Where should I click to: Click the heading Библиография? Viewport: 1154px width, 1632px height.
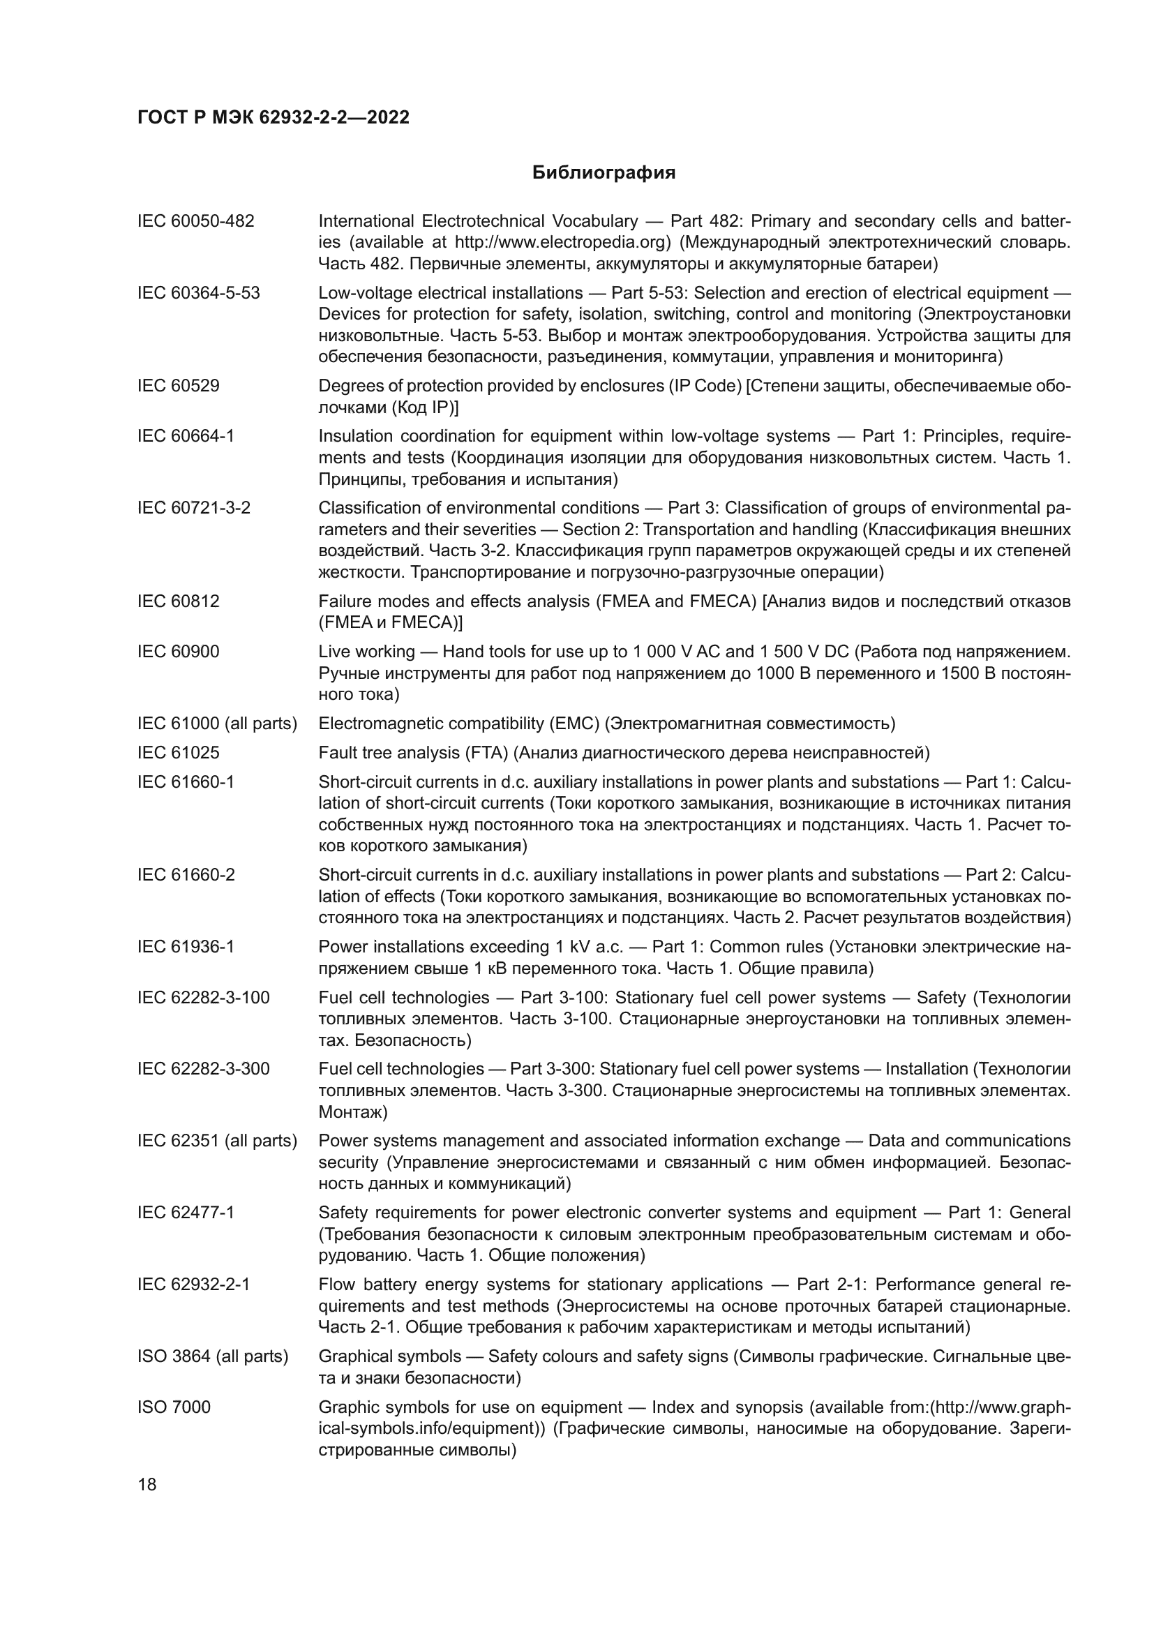604,173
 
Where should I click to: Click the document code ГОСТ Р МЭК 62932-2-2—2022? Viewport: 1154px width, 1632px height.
273,118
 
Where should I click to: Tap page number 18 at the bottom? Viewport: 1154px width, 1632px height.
147,1484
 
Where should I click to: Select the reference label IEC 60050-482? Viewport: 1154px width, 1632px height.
195,221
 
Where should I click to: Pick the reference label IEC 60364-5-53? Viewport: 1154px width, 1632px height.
198,293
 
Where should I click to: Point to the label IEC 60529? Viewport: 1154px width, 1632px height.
179,386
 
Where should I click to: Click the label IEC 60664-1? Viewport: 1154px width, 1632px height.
186,435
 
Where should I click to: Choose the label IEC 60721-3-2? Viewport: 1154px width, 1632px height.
193,507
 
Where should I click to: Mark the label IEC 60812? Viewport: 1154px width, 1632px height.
179,601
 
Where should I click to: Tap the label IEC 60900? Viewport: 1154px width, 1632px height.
179,651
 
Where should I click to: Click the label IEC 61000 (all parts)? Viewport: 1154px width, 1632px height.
217,724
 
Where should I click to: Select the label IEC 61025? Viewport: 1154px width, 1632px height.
179,752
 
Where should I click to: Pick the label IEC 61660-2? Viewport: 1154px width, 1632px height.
186,875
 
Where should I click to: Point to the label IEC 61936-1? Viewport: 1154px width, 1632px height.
186,947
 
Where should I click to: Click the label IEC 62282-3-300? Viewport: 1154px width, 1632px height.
203,1069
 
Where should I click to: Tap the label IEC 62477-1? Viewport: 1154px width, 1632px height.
186,1213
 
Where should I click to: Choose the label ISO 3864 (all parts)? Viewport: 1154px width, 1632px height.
213,1356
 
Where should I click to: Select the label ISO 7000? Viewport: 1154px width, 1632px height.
174,1407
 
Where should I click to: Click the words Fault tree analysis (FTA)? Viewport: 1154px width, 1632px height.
413,752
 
